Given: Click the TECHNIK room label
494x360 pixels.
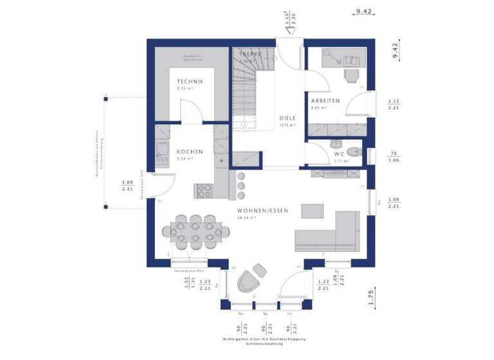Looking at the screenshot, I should click(190, 82).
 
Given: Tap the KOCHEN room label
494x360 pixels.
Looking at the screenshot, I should click(190, 152).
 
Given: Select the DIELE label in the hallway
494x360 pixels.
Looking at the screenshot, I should click(288, 118).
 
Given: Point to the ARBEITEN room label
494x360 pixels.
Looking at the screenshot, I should click(325, 101).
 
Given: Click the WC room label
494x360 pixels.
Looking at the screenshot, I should click(338, 154).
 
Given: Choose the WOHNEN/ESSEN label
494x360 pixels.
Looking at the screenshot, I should click(262, 211).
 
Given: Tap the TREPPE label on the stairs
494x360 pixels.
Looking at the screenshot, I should click(250, 55).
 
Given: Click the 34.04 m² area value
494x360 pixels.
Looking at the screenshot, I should click(247, 219).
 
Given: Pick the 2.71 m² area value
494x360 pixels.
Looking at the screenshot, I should click(341, 161).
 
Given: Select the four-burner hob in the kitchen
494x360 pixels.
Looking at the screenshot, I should click(204, 191).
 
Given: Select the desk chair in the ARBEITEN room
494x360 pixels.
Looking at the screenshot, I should click(351, 76).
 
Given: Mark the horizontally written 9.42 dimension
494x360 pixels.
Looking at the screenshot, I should click(364, 11).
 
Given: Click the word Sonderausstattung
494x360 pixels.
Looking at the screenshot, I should click(264, 344).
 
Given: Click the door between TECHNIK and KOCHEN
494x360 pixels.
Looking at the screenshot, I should click(191, 114).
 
